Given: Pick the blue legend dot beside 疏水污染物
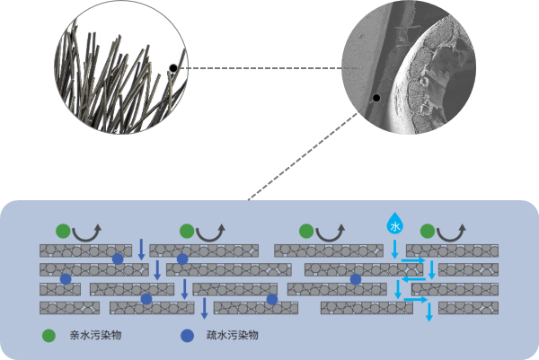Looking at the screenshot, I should pos(186,336).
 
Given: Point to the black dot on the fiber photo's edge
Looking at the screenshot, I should pos(173,67).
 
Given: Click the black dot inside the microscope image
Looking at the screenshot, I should pos(376,98).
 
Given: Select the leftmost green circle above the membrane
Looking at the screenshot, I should pos(62,232).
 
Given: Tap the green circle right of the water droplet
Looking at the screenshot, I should pos(429,232).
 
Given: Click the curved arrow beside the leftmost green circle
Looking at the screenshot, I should pos(87,233).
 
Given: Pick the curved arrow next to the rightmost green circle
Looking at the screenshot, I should pos(453,233).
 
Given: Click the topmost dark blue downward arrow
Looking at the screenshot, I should pos(140,248).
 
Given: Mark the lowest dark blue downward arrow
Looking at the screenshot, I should pos(205,308).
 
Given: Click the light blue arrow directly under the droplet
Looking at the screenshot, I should pos(393,249).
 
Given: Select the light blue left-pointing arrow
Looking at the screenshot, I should pos(414,279).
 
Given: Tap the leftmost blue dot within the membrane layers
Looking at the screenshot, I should pos(66,280).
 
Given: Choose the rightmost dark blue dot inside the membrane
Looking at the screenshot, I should pos(356,280).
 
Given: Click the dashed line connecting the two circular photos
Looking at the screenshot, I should pos(261,67).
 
